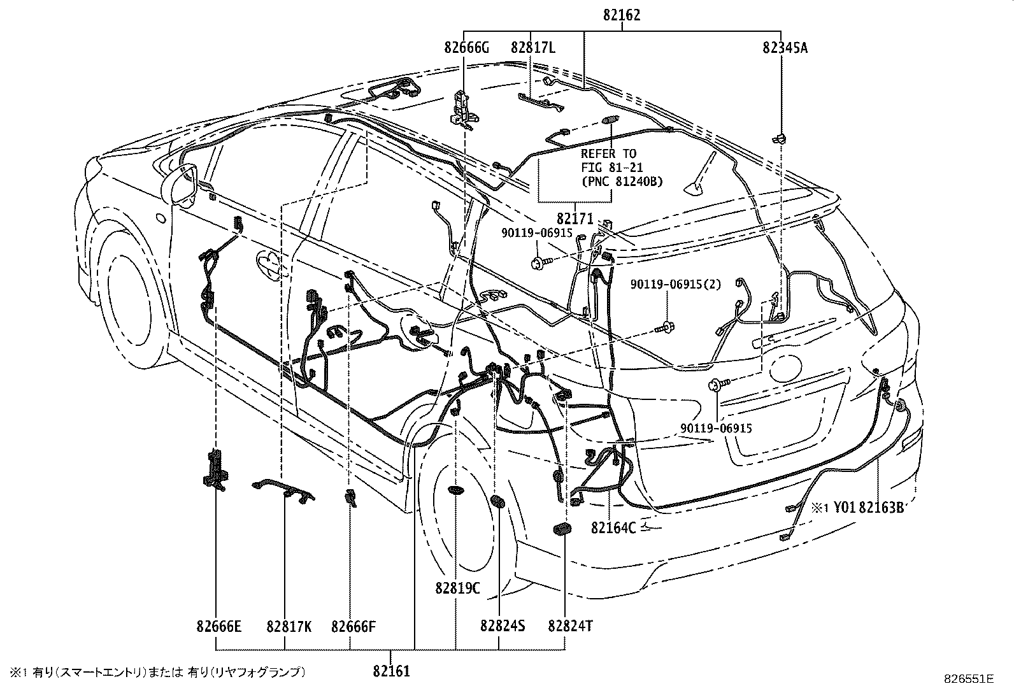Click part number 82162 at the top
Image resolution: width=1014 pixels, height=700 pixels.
point(622,15)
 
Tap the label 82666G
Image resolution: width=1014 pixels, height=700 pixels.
point(466,47)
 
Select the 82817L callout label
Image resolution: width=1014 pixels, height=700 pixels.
point(532,47)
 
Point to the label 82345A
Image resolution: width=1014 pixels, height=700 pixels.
point(784,47)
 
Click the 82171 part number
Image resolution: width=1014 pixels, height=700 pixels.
point(574,219)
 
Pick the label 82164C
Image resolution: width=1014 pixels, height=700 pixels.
point(613,527)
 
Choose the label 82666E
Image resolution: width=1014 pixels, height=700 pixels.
point(218,626)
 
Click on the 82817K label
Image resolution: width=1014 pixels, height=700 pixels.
point(289,626)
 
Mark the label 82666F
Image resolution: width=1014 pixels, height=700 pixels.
point(353,626)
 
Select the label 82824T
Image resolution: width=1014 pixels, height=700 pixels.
point(569,626)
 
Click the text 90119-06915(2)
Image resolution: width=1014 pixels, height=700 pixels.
point(676,284)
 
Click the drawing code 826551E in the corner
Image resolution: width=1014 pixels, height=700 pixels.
point(969,680)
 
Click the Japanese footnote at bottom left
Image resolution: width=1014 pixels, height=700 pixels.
point(157,672)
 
